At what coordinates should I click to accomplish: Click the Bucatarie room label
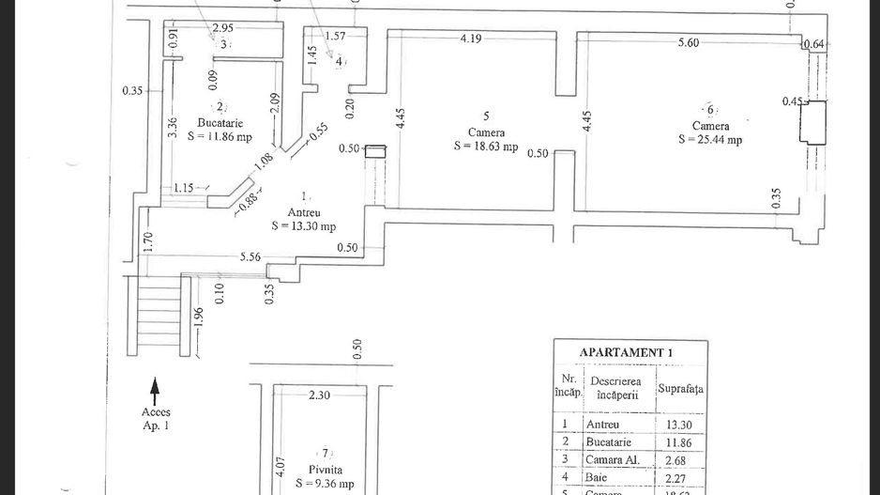pyautogui.click(x=220, y=123)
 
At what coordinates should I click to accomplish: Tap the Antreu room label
pyautogui.click(x=303, y=212)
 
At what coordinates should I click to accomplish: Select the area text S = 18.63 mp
pyautogui.click(x=485, y=146)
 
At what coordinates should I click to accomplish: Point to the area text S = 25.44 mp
pyautogui.click(x=710, y=139)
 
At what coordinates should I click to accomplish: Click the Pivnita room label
pyautogui.click(x=325, y=469)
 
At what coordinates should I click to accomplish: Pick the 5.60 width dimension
pyautogui.click(x=688, y=42)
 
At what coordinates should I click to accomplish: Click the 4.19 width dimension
pyautogui.click(x=472, y=39)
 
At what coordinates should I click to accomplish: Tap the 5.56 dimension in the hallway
pyautogui.click(x=250, y=255)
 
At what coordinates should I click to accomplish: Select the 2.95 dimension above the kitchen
pyautogui.click(x=223, y=28)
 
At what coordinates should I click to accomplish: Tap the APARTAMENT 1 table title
pyautogui.click(x=627, y=352)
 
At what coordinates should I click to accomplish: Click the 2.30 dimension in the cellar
pyautogui.click(x=319, y=395)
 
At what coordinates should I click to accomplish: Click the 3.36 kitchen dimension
pyautogui.click(x=174, y=127)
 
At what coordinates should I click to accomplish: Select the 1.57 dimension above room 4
pyautogui.click(x=335, y=36)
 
